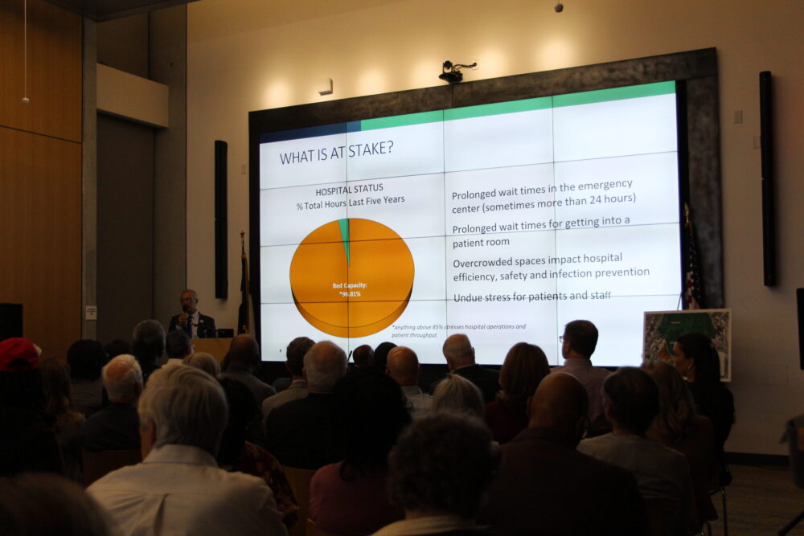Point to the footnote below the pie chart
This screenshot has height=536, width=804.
pos(458,331)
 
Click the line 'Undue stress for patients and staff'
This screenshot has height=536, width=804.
pos(531,297)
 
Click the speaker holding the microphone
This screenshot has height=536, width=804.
pos(191,314)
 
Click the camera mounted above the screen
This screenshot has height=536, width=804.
pos(453,72)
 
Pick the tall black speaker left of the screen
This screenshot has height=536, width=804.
pos(220,219)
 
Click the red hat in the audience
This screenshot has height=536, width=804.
pos(18,354)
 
